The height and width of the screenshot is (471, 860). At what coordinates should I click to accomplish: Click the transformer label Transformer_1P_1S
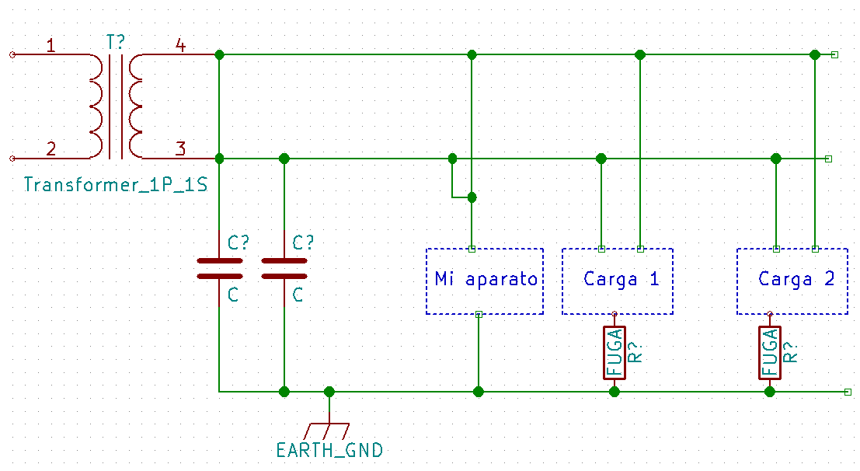pos(116,184)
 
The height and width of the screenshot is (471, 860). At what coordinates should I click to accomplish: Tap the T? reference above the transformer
pos(115,42)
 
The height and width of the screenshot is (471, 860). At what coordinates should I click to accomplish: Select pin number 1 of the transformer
pos(50,45)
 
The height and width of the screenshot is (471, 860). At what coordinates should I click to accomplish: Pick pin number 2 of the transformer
pos(51,148)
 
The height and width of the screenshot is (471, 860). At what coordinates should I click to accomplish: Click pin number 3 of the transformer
pos(180,148)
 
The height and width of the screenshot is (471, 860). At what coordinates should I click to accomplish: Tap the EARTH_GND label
pos(329,450)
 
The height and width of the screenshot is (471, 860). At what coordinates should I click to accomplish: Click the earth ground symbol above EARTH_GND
pos(327,431)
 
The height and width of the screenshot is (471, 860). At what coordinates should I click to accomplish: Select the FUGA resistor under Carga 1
pos(615,353)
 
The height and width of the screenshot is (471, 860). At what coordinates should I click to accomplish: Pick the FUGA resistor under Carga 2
pos(770,353)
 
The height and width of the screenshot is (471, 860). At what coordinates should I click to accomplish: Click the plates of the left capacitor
pos(219,268)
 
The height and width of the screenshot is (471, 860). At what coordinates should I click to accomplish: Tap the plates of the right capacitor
pos(284,268)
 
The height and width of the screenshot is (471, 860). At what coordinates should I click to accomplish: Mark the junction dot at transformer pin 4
pos(219,54)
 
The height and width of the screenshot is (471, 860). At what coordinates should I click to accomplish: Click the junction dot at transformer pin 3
pos(219,159)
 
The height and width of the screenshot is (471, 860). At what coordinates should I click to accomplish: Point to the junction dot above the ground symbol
pos(329,392)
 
